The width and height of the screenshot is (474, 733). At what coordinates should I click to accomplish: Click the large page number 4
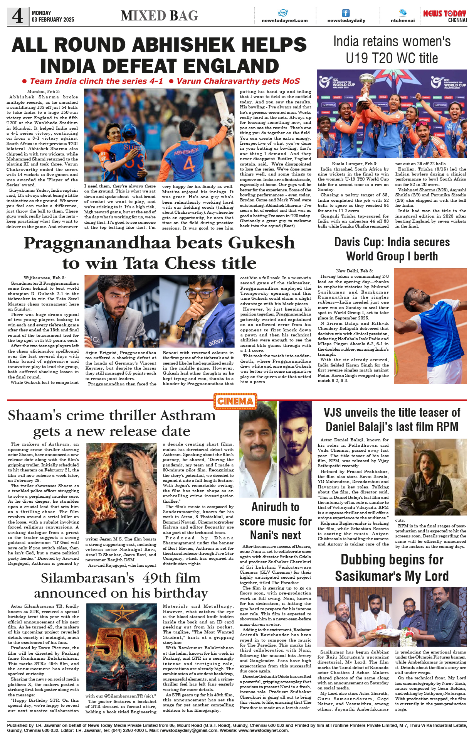[x=18, y=16]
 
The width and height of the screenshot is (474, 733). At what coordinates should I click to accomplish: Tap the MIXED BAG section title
[x=159, y=16]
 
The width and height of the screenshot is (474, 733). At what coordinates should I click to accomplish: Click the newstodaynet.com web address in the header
[x=284, y=20]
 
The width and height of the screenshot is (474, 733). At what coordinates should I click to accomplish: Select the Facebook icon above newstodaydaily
[x=346, y=13]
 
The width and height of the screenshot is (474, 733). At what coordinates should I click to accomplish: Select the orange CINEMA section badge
[x=235, y=401]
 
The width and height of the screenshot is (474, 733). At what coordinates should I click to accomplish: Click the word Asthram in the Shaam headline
[x=188, y=415]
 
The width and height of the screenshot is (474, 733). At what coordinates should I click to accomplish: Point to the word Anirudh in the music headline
[x=270, y=507]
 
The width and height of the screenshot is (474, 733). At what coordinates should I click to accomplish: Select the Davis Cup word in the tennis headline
[x=358, y=242]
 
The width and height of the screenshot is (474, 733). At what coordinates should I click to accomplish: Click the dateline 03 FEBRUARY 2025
[x=53, y=20]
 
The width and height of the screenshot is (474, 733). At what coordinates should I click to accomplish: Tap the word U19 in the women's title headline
[x=360, y=59]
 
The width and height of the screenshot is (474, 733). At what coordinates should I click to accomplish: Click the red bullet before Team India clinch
[x=24, y=81]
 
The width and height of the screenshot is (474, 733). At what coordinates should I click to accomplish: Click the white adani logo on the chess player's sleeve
[x=216, y=341]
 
